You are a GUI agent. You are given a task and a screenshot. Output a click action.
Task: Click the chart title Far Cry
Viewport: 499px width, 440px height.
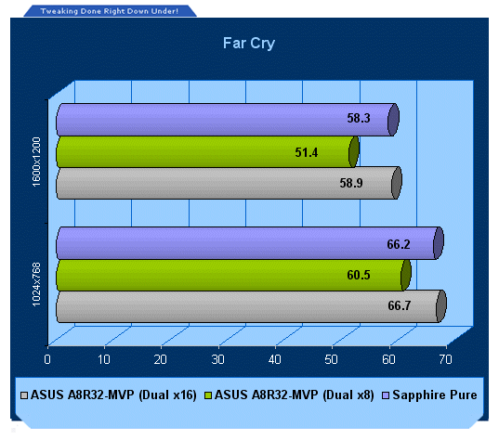pyautogui.click(x=249, y=44)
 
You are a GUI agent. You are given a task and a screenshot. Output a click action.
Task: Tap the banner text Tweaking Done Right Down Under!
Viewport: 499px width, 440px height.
pyautogui.click(x=109, y=11)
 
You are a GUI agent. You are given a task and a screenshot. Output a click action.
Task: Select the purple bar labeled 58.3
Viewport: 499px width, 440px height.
pyautogui.click(x=228, y=120)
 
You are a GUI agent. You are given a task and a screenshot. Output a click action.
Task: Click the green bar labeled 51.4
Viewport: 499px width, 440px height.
pyautogui.click(x=208, y=151)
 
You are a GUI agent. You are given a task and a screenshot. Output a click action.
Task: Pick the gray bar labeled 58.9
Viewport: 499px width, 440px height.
pyautogui.click(x=229, y=183)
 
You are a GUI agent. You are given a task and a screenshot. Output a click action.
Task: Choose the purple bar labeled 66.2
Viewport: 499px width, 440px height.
pyautogui.click(x=250, y=243)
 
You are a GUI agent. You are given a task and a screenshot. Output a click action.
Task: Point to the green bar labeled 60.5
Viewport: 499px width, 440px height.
pyautogui.click(x=233, y=275)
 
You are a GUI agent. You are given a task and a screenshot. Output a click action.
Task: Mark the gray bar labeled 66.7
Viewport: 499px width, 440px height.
pyautogui.click(x=251, y=306)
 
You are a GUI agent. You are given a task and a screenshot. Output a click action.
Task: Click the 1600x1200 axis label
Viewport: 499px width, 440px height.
pyautogui.click(x=36, y=162)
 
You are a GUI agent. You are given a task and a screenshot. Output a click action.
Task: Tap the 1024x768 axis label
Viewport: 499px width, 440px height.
pyautogui.click(x=36, y=285)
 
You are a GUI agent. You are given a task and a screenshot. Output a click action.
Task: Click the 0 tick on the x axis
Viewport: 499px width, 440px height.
pyautogui.click(x=47, y=359)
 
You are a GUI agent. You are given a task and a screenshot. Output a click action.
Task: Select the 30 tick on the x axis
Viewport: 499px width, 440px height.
pyautogui.click(x=218, y=359)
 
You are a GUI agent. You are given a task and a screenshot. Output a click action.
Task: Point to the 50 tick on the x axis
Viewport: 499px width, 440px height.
pyautogui.click(x=332, y=359)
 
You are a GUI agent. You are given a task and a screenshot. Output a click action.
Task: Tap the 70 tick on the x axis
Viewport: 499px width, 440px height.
pyautogui.click(x=445, y=359)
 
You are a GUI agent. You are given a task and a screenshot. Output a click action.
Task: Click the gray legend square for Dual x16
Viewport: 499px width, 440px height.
pyautogui.click(x=24, y=395)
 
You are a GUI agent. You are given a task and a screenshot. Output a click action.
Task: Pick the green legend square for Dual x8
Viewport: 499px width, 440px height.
pyautogui.click(x=208, y=395)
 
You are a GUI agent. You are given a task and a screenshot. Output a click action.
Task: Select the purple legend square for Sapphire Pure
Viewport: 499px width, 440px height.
pyautogui.click(x=386, y=395)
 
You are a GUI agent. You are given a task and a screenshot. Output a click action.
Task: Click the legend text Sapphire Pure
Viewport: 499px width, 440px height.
pyautogui.click(x=435, y=395)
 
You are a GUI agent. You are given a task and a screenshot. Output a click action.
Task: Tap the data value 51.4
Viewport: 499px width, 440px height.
pyautogui.click(x=307, y=152)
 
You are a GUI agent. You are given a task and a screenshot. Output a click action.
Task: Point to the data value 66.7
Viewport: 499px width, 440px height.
pyautogui.click(x=400, y=305)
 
